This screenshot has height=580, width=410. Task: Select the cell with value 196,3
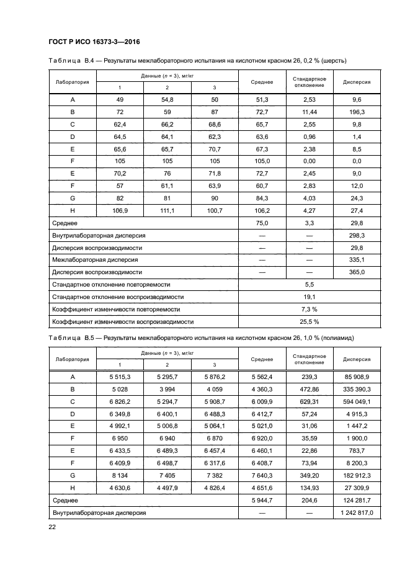(x=357, y=113)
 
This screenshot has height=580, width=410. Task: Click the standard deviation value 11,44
(x=310, y=113)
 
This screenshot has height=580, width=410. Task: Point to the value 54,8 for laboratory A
(x=167, y=99)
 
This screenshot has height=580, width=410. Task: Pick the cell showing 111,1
(x=167, y=212)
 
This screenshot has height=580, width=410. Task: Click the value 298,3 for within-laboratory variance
(x=357, y=236)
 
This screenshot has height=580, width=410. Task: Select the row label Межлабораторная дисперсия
(x=96, y=260)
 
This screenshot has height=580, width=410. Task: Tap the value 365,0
(x=357, y=272)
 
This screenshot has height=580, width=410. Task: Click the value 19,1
(x=310, y=297)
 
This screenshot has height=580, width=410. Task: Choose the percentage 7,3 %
(x=310, y=309)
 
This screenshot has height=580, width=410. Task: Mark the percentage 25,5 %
(x=310, y=321)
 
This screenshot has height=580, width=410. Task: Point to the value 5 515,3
(x=120, y=377)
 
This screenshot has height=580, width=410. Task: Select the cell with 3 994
(x=167, y=389)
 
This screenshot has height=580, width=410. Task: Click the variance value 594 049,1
(x=357, y=401)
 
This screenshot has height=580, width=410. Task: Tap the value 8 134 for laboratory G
(x=120, y=475)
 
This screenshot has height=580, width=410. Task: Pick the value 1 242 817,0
(x=357, y=513)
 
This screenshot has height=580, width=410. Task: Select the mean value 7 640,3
(x=262, y=475)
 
